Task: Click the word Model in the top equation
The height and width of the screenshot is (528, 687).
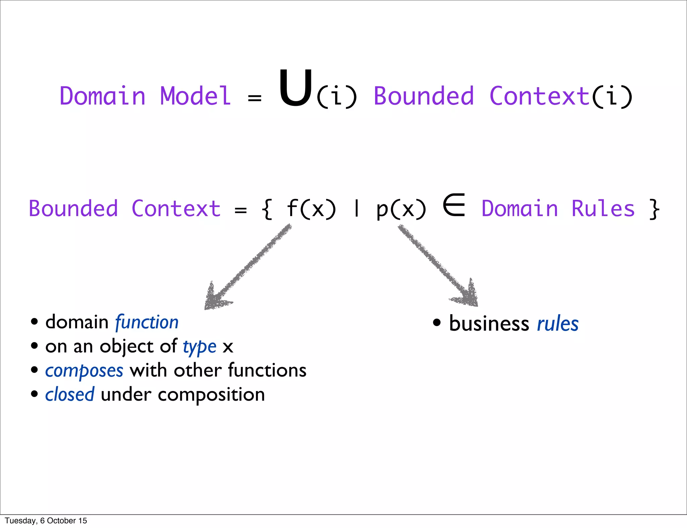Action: coord(196,96)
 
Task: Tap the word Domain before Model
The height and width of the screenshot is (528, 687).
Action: coord(102,96)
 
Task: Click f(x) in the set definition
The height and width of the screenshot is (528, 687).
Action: coord(311,209)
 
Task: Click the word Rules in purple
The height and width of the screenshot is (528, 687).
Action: coord(603,209)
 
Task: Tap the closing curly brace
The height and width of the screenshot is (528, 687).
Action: coord(654,209)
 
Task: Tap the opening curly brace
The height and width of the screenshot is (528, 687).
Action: coord(267,209)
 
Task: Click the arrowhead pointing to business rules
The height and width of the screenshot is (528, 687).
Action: coord(468,295)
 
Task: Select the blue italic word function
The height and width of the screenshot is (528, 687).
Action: coord(147,323)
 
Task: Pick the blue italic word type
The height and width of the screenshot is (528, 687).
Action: coord(200,347)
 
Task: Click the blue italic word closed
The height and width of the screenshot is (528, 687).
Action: coord(70,395)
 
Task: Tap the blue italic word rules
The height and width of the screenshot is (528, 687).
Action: coord(558,324)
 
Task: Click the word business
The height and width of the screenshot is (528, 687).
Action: coord(489,324)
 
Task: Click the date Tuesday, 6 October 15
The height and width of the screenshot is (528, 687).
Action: coord(46,521)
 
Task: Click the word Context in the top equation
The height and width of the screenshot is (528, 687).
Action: coord(539,96)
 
